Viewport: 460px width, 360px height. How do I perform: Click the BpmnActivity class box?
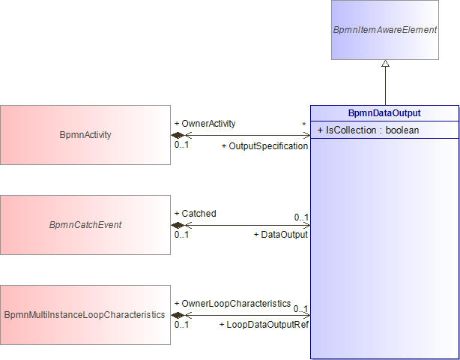[x=85, y=135]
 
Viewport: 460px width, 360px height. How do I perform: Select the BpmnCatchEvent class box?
[x=85, y=225]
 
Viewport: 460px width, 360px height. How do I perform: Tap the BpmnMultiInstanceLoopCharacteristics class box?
[x=85, y=315]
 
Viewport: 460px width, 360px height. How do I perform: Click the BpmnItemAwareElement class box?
[x=385, y=30]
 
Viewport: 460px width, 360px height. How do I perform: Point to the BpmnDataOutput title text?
[x=384, y=113]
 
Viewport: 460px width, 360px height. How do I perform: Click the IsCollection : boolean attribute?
[x=368, y=130]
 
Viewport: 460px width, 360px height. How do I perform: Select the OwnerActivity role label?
[x=205, y=124]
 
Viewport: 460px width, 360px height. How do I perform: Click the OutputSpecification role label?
[x=265, y=146]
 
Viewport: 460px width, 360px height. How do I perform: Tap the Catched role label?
[x=196, y=214]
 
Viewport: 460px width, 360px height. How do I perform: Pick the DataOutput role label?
[x=281, y=235]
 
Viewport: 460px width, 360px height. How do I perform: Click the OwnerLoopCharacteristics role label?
[x=233, y=303]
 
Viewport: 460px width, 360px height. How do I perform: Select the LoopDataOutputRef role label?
[x=264, y=325]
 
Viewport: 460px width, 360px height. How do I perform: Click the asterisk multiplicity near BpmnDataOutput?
[x=304, y=125]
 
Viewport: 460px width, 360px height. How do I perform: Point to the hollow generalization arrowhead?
[x=385, y=63]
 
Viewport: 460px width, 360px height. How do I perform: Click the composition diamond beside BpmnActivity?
[x=178, y=135]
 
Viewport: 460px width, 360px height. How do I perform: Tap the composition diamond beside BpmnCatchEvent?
[x=178, y=225]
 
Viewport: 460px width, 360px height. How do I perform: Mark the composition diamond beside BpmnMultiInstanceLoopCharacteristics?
[x=178, y=315]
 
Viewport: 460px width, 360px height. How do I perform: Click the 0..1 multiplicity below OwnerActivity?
[x=181, y=145]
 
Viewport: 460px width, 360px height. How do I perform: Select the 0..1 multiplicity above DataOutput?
[x=302, y=217]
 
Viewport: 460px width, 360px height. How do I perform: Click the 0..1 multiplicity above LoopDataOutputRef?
[x=301, y=309]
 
